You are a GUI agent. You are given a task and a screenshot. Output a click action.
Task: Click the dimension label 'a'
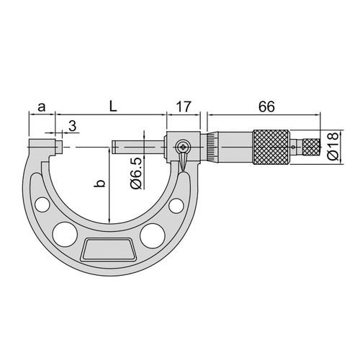pos(42,107)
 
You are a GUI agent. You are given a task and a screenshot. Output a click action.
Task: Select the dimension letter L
pos(113,107)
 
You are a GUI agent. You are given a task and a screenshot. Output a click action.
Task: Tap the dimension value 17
pos(184,107)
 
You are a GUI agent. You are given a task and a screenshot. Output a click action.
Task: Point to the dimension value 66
pos(266,107)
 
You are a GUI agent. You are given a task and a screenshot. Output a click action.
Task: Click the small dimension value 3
pos(73,126)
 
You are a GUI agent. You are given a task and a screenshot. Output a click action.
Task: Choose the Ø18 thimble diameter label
pos(333,146)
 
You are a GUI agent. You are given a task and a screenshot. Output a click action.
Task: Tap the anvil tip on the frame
pos(59,147)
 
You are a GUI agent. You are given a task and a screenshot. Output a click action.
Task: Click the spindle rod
pos(138,147)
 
